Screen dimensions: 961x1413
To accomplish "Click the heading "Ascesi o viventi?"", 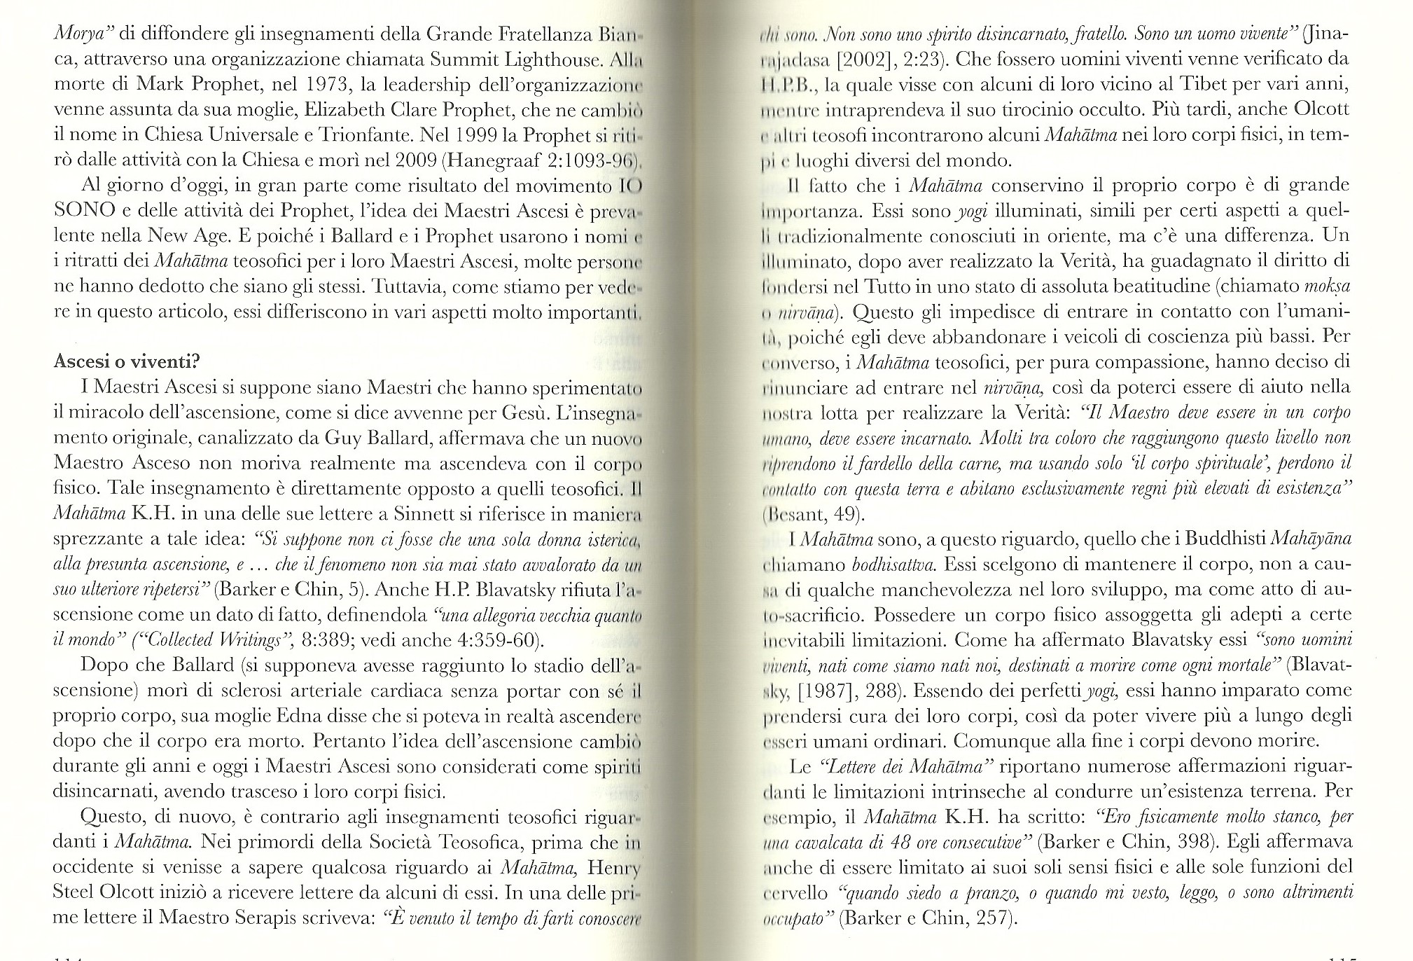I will click(127, 363).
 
